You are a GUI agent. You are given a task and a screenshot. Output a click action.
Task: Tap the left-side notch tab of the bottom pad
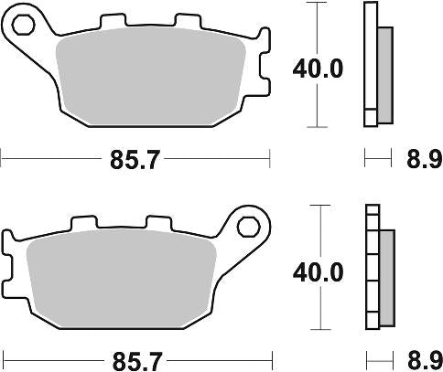pyautogui.click(x=8, y=265)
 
